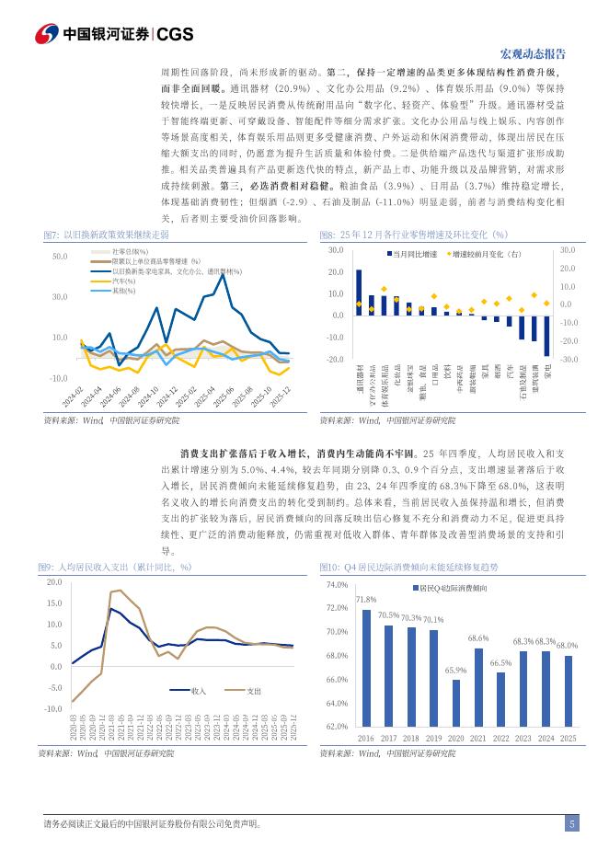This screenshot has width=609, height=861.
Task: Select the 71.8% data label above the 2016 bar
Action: click(365, 600)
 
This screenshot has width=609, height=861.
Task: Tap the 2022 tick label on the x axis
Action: click(501, 738)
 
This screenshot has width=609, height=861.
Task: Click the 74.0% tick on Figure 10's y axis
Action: click(336, 585)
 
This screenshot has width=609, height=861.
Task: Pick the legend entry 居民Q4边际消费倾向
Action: click(452, 587)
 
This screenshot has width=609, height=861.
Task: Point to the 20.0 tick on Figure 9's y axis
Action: click(53, 582)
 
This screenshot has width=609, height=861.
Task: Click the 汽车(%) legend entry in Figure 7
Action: click(123, 281)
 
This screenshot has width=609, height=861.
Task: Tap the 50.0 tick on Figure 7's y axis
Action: click(60, 257)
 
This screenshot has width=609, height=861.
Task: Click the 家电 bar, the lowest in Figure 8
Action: click(546, 335)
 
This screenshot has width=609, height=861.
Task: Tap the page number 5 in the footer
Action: click(571, 825)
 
